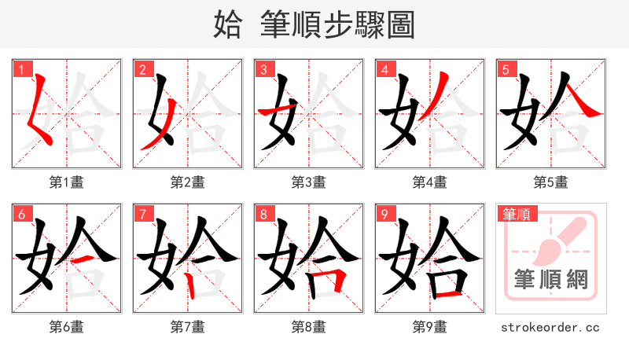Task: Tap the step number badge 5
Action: [x=506, y=69]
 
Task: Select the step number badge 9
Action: [x=385, y=214]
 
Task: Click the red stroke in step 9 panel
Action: [x=448, y=294]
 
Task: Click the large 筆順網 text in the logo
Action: [x=551, y=279]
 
